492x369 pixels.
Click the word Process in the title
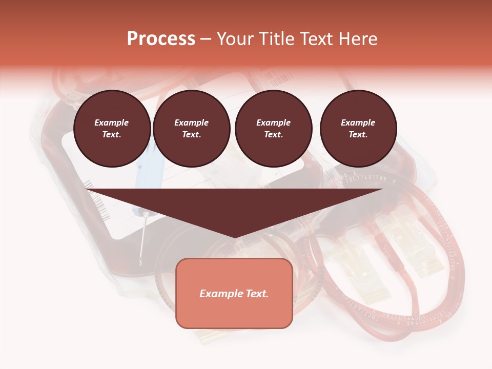pos(161,39)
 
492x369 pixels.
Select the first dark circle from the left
pos(112,129)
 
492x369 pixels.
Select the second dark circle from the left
pos(191,129)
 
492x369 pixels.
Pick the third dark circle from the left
pos(273,129)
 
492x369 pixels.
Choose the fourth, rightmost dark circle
pos(358,129)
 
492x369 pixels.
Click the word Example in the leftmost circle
pos(112,122)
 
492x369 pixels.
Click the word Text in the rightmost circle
pos(357,135)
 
